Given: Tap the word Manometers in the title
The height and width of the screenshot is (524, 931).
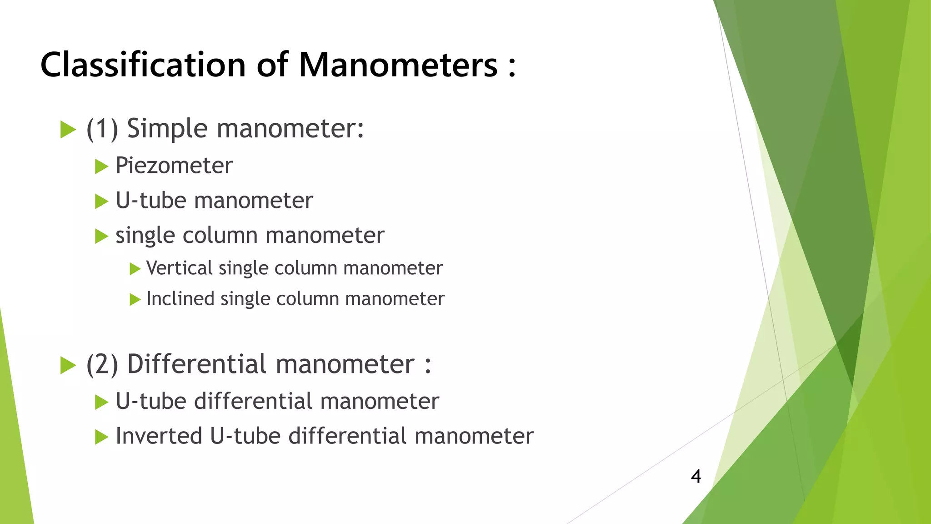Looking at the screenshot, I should [398, 65].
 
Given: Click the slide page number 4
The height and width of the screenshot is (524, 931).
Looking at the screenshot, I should [696, 476].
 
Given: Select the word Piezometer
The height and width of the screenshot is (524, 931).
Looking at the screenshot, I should [174, 165].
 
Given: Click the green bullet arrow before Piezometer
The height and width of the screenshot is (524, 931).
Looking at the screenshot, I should [101, 166].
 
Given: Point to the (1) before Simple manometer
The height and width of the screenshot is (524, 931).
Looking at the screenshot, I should [102, 129].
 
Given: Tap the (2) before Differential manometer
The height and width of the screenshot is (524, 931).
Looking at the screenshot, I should [102, 364].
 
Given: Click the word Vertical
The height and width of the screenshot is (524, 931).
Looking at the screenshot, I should [180, 268].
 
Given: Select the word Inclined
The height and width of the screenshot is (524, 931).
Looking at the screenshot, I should [180, 299].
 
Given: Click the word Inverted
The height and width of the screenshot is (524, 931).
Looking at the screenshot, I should [159, 436].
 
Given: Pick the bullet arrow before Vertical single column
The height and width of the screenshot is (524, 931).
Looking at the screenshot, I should [135, 269].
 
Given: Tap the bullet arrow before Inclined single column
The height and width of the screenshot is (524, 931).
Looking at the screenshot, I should [135, 300].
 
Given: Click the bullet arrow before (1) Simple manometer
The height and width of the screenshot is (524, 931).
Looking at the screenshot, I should [68, 130].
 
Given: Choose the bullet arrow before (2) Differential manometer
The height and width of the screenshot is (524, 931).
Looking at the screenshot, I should [68, 365].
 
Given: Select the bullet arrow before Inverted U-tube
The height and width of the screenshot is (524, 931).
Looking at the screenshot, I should [101, 437].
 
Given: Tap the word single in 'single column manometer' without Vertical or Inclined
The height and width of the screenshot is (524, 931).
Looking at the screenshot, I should [145, 236].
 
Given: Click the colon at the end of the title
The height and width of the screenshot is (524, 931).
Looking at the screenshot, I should [512, 67].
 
